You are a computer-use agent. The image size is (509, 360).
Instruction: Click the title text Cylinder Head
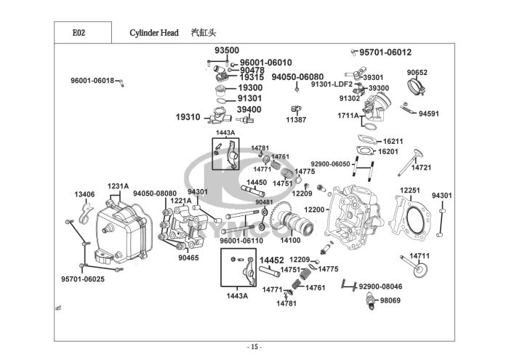tap(154, 33)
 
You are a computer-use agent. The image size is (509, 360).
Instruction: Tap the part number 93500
tap(227, 50)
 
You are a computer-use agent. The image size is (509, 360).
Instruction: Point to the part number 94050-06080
tap(297, 76)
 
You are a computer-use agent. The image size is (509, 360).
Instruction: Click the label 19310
tap(188, 116)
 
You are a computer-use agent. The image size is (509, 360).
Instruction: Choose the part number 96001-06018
tap(92, 80)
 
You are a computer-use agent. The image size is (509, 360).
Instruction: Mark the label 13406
tap(84, 195)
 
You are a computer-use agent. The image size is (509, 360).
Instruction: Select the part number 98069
tap(390, 300)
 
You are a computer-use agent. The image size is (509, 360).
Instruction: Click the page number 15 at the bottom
tap(254, 346)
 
